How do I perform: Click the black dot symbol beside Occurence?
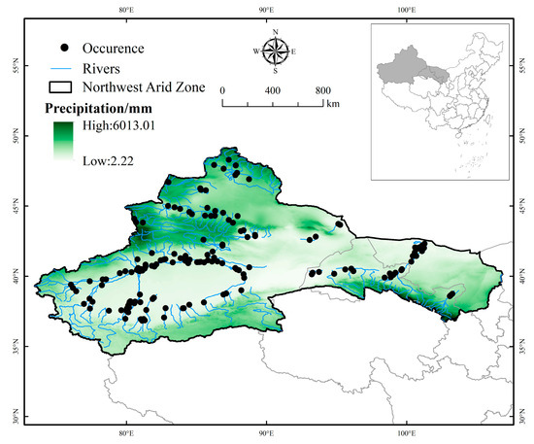[x=66, y=47]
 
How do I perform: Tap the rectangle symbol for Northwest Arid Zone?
[x=65, y=87]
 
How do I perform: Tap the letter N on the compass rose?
[x=276, y=32]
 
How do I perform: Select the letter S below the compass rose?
[x=276, y=71]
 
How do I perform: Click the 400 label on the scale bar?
[x=273, y=90]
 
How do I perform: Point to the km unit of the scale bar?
[x=333, y=102]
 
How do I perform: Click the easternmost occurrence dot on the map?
[x=451, y=292]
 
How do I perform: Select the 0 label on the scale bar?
[x=223, y=90]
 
